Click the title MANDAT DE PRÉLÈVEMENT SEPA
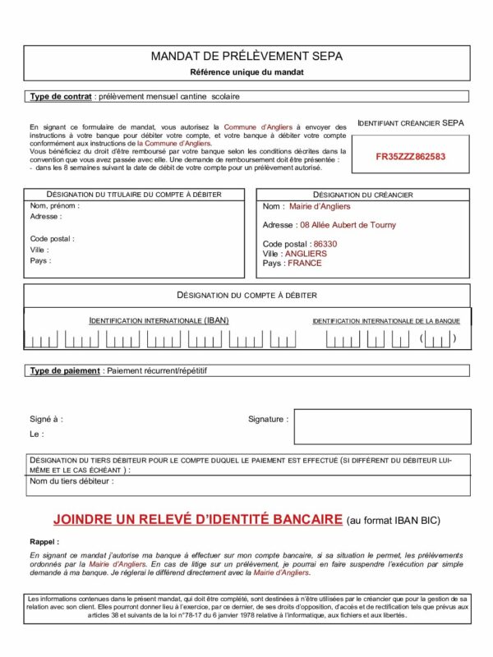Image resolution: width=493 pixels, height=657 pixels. click(246, 57)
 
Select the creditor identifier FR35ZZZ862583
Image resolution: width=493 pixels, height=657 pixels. click(411, 155)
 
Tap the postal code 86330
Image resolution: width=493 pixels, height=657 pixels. click(325, 244)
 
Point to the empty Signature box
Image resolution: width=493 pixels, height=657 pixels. click(382, 426)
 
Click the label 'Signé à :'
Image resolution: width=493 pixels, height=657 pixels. click(46, 419)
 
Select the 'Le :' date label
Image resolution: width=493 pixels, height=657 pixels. click(37, 434)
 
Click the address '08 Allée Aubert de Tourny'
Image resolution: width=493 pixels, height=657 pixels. click(348, 224)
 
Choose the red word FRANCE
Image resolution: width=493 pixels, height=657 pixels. click(305, 264)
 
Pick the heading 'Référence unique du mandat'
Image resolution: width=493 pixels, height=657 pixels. click(246, 72)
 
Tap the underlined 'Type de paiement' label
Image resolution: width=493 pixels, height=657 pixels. click(65, 371)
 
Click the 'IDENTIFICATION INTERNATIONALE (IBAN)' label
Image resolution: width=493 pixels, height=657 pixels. click(159, 320)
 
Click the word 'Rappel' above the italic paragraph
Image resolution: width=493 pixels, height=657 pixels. click(44, 542)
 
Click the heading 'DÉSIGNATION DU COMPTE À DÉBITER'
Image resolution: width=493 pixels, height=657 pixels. click(246, 295)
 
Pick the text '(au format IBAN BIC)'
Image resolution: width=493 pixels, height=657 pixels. click(394, 520)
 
